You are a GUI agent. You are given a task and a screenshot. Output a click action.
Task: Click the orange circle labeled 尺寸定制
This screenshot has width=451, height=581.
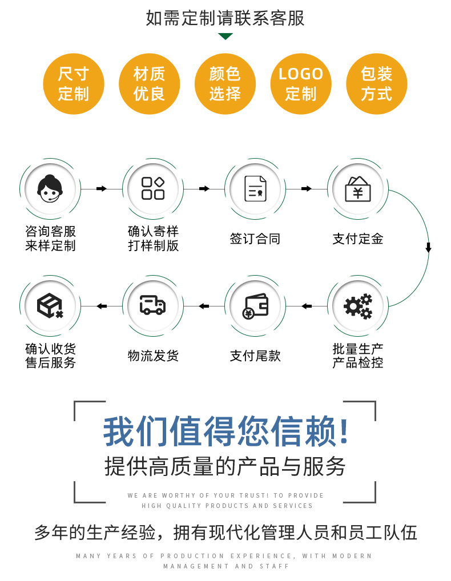74,83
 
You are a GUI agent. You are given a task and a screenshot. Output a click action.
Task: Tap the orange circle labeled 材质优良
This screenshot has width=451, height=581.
150,83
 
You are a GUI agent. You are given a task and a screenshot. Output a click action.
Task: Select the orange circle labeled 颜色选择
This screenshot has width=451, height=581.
225,83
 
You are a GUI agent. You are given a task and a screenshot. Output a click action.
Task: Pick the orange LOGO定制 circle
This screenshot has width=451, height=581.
301,83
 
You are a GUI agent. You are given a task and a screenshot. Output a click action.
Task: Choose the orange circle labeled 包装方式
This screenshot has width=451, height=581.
377,83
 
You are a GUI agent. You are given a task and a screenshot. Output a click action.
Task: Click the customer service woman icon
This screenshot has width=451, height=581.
50,189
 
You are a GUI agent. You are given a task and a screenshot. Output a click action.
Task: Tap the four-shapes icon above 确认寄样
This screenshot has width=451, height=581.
153,189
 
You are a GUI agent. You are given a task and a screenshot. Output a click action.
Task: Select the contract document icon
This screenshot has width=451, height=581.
255,189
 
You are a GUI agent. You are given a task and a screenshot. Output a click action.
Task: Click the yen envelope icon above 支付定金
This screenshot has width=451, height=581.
358,189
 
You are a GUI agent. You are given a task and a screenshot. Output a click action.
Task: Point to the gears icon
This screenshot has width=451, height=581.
358,306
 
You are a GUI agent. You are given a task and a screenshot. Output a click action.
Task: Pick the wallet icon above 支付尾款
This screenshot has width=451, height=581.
255,306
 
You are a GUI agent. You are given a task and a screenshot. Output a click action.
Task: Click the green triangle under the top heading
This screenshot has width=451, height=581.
226,37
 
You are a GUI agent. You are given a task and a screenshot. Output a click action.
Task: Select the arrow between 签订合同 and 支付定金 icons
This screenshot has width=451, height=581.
307,189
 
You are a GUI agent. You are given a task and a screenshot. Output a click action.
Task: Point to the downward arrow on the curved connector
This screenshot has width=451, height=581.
428,248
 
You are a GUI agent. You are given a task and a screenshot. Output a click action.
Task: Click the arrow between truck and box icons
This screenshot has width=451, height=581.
102,306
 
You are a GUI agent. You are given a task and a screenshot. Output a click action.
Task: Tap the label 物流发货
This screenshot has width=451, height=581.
153,356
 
